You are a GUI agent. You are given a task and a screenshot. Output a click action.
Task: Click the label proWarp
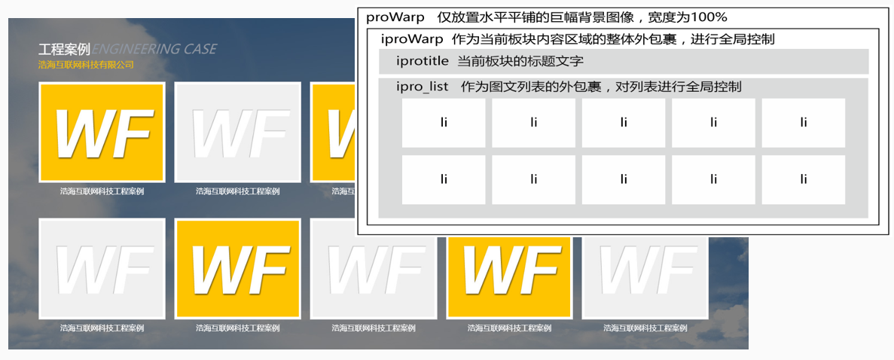click(395, 17)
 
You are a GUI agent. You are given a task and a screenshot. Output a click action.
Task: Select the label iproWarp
click(412, 39)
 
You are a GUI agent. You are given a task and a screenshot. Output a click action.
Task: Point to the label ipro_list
click(423, 87)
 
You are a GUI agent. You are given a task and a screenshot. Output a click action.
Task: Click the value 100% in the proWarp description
click(709, 17)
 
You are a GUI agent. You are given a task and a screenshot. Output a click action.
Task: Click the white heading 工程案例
click(64, 50)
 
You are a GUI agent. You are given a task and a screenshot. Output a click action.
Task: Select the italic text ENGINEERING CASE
click(154, 50)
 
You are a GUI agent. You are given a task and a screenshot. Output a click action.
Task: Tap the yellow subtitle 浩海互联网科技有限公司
click(86, 66)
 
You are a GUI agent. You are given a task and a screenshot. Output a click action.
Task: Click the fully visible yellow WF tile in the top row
click(102, 132)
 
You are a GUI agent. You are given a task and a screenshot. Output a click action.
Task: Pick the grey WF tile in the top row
click(237, 132)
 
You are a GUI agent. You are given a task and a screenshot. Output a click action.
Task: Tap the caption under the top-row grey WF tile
click(237, 191)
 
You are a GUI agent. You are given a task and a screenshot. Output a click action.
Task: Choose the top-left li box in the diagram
click(443, 123)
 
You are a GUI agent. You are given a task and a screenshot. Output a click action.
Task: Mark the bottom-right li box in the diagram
click(803, 179)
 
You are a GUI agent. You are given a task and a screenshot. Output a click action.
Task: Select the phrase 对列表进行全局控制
click(679, 87)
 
